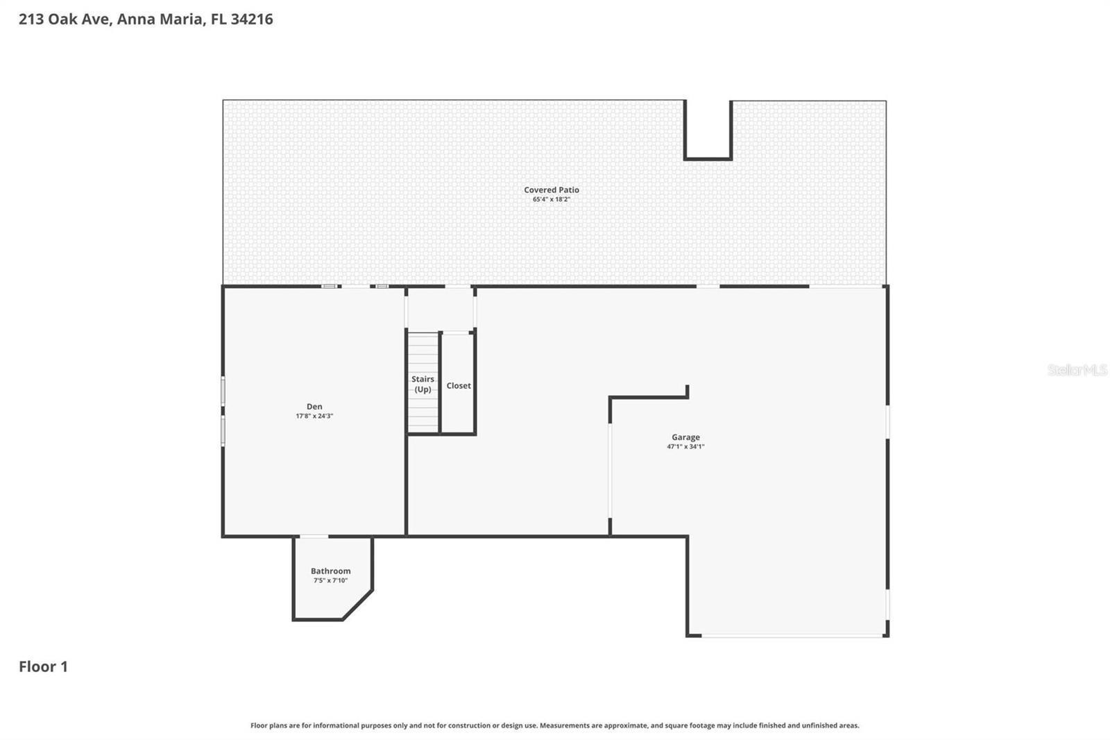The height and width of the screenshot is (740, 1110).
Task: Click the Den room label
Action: click(314, 407)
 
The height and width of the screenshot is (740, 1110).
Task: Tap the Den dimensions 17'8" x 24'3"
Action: click(314, 417)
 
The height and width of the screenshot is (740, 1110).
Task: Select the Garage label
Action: click(685, 437)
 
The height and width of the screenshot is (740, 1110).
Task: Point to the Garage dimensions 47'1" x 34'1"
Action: click(685, 447)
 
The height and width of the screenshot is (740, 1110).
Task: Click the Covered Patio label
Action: click(551, 190)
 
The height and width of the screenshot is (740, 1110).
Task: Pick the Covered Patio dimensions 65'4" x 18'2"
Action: click(551, 199)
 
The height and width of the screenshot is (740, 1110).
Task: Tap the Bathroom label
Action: click(330, 571)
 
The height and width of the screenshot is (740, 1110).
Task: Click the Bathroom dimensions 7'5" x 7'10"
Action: click(330, 580)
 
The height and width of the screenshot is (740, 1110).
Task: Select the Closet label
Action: click(458, 386)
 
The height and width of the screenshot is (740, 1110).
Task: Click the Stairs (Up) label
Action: click(422, 384)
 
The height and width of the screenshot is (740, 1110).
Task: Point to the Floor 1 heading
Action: click(43, 666)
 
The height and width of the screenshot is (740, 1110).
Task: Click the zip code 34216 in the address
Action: click(251, 19)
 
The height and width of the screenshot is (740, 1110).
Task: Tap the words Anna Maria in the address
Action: click(160, 19)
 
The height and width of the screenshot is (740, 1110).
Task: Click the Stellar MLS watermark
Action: click(1077, 370)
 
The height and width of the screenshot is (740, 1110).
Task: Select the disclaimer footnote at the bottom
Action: click(554, 725)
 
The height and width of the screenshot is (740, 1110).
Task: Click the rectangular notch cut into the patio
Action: click(708, 130)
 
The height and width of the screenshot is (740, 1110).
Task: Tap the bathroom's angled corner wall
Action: click(358, 605)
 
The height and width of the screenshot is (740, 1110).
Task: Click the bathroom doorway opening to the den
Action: click(314, 536)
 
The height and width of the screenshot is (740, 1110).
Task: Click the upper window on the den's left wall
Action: click(223, 391)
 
